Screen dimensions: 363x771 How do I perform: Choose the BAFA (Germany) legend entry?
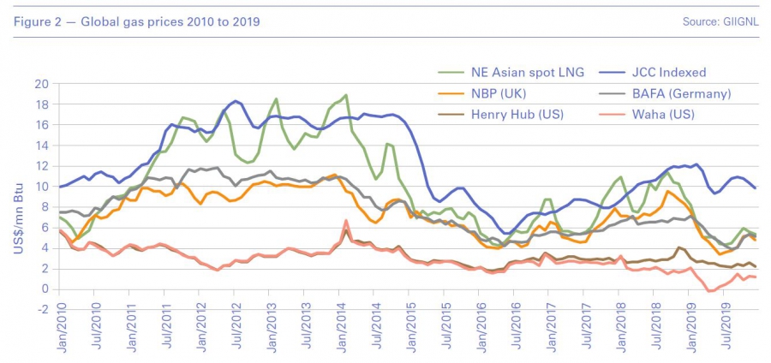pyautogui.click(x=667, y=94)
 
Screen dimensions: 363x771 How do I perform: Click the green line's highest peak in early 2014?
pyautogui.click(x=346, y=95)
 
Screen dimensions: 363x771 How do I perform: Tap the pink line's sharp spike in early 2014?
pyautogui.click(x=346, y=221)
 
